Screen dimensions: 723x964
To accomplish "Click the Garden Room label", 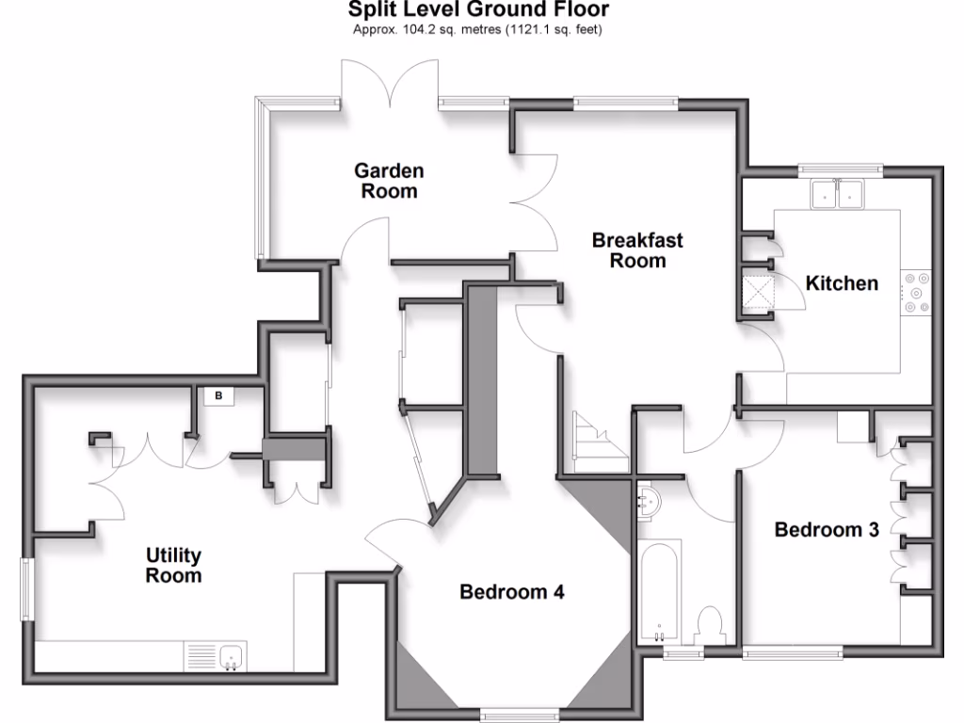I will [389, 181].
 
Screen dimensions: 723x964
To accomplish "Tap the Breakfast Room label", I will [637, 250].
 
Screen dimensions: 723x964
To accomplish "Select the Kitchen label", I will [842, 282].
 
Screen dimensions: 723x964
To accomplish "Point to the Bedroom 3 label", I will [827, 530].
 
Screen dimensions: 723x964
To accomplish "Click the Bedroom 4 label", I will [511, 592].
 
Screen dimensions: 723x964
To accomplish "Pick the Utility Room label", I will [173, 565].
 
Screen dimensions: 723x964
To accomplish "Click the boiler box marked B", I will [219, 396].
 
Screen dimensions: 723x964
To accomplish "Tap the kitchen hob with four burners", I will [915, 292].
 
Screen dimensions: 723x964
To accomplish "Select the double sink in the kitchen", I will [837, 193].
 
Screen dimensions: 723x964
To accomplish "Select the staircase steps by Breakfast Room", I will [598, 442].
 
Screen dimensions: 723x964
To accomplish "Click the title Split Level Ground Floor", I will [478, 10].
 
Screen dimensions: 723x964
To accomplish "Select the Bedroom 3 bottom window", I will [793, 651].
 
